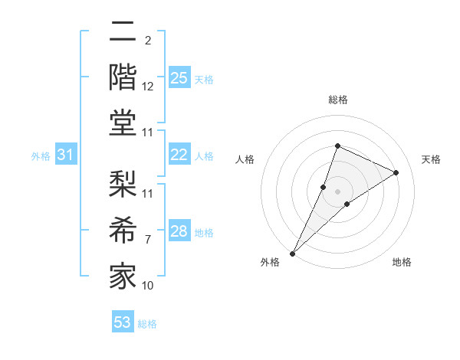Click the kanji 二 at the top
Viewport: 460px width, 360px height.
123,32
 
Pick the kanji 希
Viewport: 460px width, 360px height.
123,228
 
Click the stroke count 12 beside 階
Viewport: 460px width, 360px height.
148,87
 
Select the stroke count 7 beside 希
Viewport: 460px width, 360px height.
148,240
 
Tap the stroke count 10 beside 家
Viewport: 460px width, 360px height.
148,285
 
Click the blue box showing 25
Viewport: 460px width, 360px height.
179,78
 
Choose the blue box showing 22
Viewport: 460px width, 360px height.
179,155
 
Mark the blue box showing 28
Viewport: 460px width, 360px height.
179,231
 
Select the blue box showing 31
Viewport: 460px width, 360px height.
66,155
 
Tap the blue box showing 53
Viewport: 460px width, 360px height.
123,322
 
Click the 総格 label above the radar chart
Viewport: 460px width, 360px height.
337,100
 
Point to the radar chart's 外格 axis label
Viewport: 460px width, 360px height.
270,262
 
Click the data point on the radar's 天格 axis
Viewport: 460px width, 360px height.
396,172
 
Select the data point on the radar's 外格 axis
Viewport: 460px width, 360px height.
293,253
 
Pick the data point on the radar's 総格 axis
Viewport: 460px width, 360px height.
337,146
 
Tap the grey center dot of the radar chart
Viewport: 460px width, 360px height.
337,191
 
